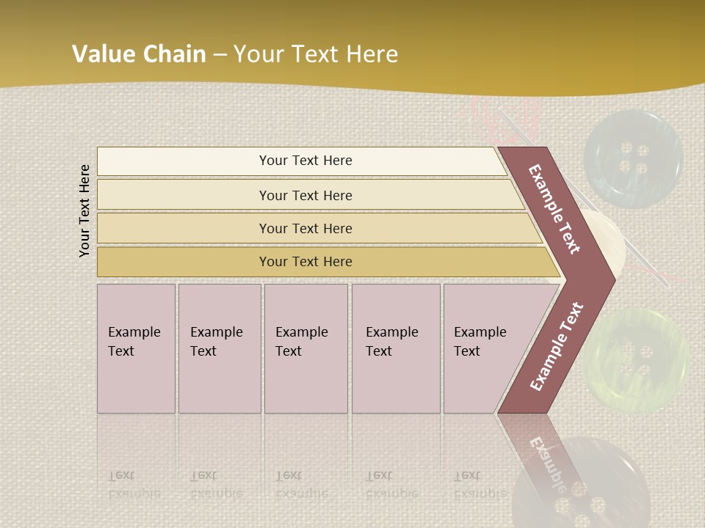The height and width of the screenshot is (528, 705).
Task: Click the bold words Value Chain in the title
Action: pos(139,54)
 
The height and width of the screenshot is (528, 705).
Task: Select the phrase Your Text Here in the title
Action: pos(316,54)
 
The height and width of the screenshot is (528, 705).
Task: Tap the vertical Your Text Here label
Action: pos(85,210)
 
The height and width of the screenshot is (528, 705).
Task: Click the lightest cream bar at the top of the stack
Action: pos(301,161)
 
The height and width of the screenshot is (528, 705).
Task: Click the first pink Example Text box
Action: pos(136,348)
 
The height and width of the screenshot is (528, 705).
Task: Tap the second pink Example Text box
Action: pos(219,348)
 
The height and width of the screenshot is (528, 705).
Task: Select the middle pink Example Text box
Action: pos(305,348)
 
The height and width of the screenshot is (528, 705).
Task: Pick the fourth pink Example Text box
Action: pos(395,348)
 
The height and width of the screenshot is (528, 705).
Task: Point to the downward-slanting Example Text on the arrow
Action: pos(554,209)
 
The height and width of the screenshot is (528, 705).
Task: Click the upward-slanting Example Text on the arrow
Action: pos(557,346)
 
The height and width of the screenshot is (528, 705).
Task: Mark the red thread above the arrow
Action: pos(507,117)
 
